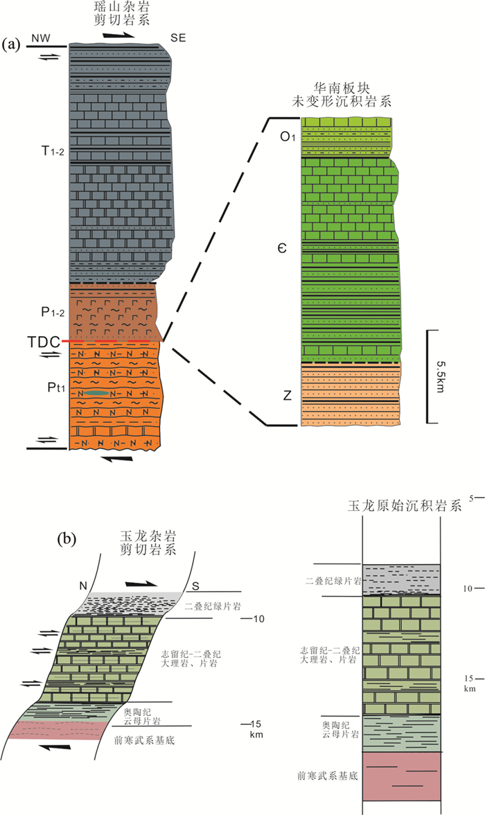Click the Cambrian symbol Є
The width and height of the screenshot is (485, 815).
click(284, 247)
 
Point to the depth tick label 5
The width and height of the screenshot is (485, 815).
click(472, 498)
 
